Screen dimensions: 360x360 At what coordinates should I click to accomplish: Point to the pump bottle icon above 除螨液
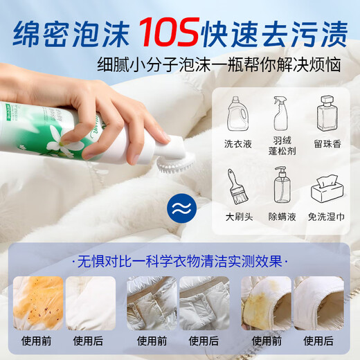point(282,186)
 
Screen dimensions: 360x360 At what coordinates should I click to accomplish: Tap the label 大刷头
point(239,217)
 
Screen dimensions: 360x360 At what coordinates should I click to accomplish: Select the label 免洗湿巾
point(327,217)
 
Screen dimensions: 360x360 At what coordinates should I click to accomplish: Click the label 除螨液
point(282,217)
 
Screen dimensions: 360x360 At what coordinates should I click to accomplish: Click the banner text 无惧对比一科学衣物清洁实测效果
point(180,262)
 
